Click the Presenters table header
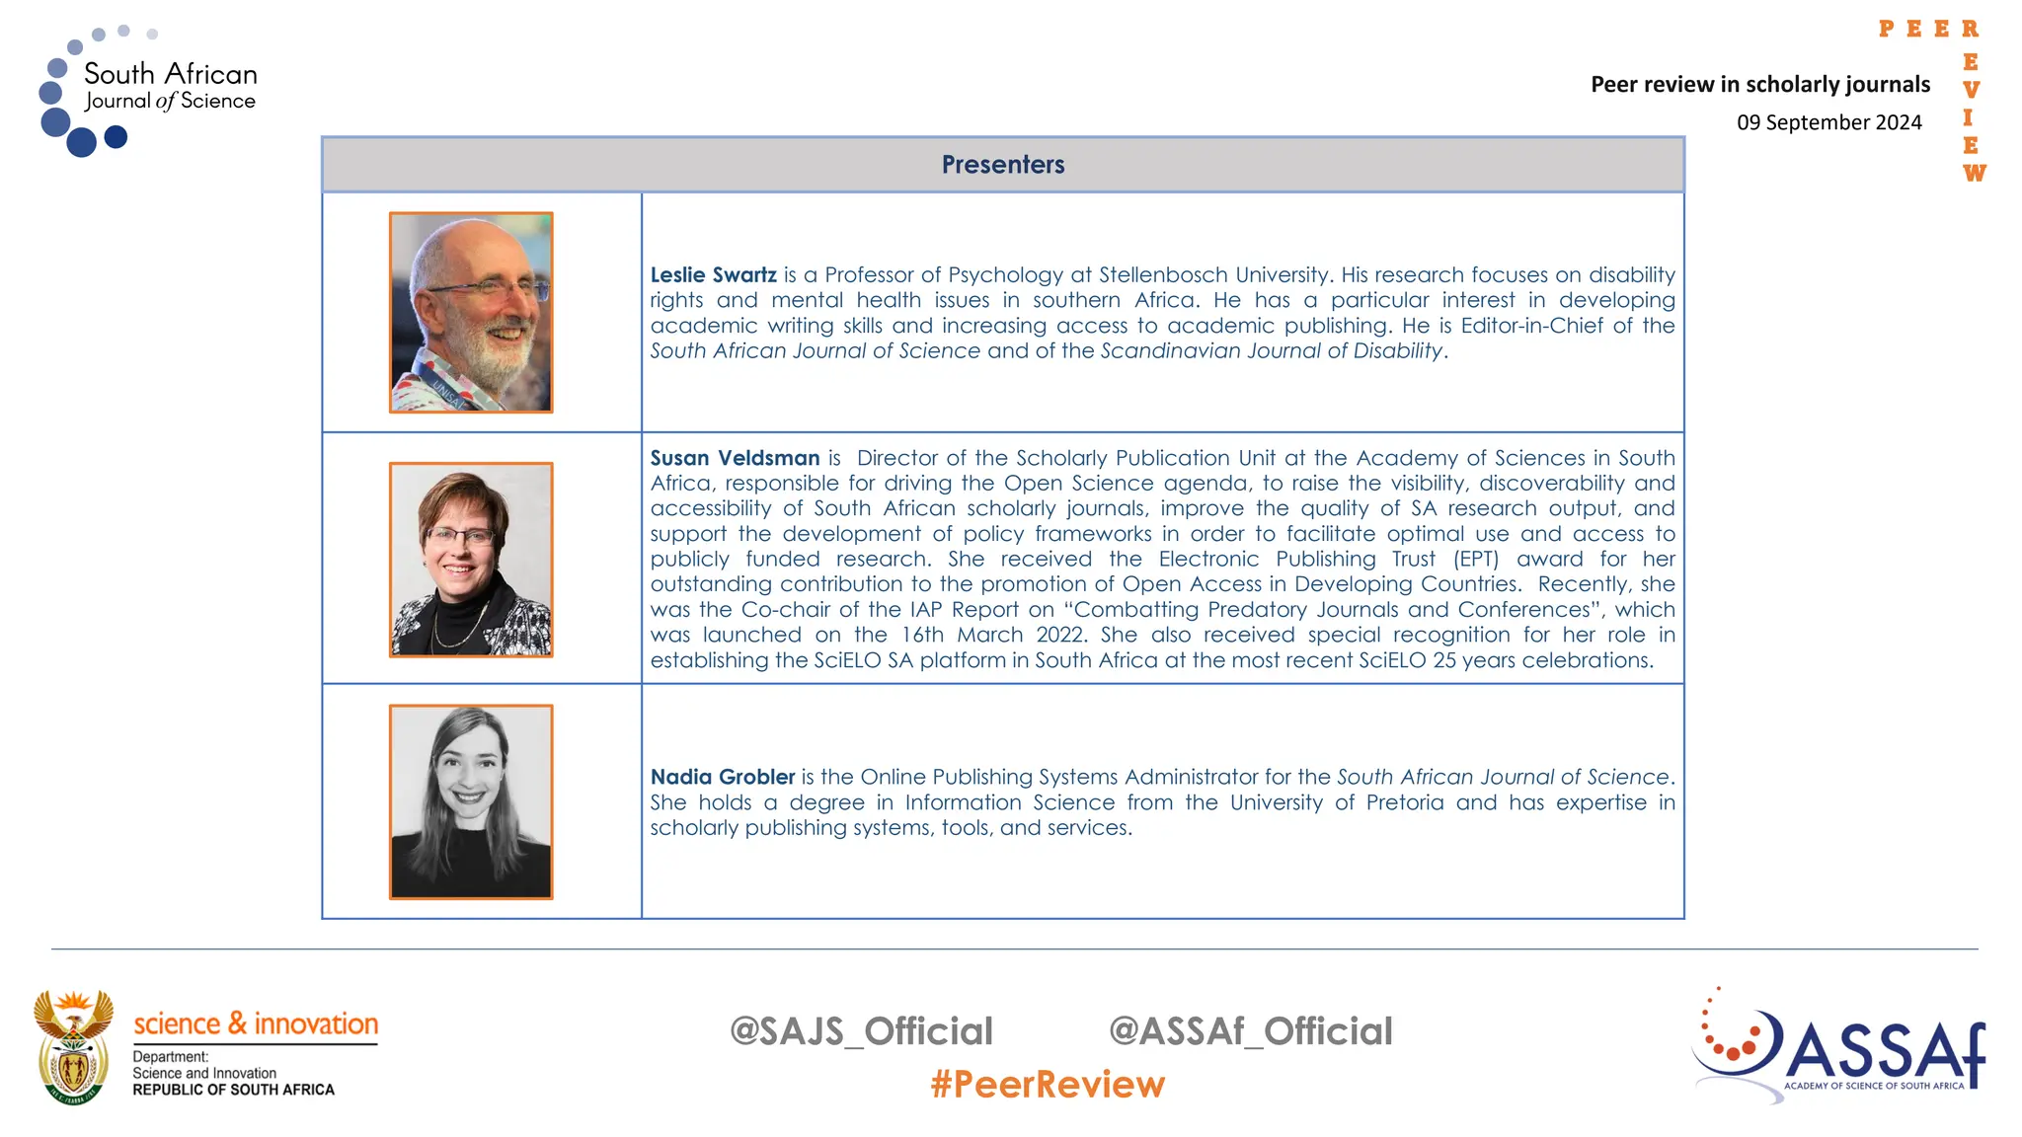pyautogui.click(x=1002, y=165)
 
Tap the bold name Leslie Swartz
pyautogui.click(x=713, y=275)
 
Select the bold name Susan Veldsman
pyautogui.click(x=735, y=458)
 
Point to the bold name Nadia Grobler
pyautogui.click(x=722, y=778)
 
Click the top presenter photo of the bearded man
pyautogui.click(x=471, y=312)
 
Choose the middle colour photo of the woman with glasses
pyautogui.click(x=471, y=560)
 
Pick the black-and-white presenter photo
pyautogui.click(x=471, y=801)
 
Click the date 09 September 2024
pyautogui.click(x=1828, y=122)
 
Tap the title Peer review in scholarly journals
pyautogui.click(x=1759, y=85)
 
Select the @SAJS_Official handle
pyautogui.click(x=861, y=1031)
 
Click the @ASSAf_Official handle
pyautogui.click(x=1250, y=1031)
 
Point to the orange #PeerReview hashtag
pyautogui.click(x=1048, y=1085)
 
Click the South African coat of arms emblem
pyautogui.click(x=73, y=1047)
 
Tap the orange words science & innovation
pyautogui.click(x=256, y=1023)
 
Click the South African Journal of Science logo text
pyautogui.click(x=170, y=86)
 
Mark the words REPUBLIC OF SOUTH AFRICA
pyautogui.click(x=233, y=1090)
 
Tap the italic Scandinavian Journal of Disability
pyautogui.click(x=1272, y=351)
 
